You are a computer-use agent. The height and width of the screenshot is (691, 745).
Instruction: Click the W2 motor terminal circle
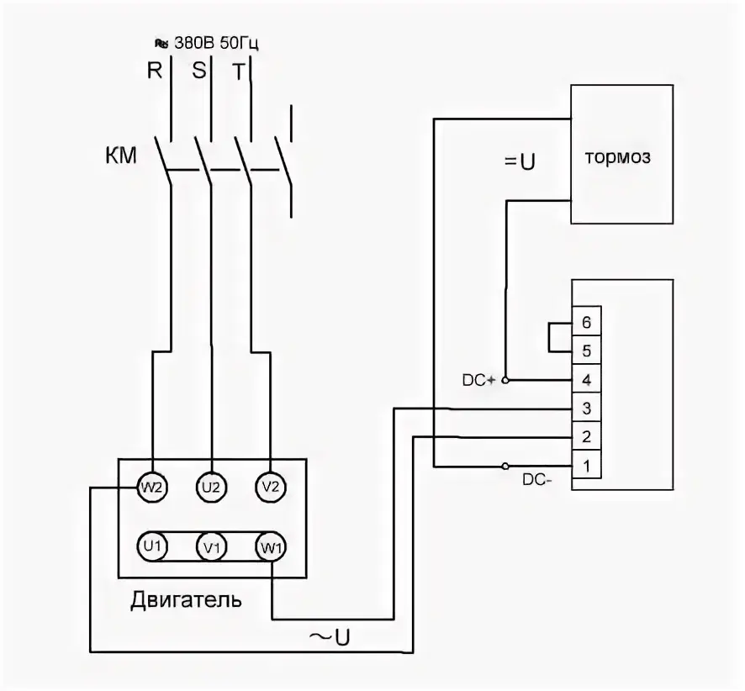point(152,488)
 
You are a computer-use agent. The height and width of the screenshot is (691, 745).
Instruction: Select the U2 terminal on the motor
point(211,488)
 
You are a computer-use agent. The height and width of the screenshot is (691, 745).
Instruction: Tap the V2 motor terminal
point(271,488)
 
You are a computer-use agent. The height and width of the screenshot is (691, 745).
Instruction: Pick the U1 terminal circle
point(152,546)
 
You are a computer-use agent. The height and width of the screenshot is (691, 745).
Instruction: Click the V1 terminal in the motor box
point(211,546)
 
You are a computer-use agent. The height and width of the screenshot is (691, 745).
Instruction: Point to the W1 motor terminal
point(271,547)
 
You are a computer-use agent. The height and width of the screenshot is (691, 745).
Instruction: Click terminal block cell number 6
point(586,321)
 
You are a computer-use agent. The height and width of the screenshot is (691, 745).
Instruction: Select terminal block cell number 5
point(586,351)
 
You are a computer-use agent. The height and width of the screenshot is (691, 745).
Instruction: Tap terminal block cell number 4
point(586,379)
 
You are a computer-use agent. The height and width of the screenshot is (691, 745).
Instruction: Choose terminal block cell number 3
point(586,408)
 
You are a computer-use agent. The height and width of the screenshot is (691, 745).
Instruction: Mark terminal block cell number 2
point(586,436)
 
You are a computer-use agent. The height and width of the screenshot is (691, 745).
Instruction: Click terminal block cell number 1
point(586,465)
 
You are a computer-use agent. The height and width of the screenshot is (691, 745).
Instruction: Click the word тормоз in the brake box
point(618,157)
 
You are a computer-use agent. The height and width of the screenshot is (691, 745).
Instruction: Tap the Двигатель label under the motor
point(187,600)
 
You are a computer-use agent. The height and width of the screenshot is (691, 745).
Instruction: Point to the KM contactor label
point(121,156)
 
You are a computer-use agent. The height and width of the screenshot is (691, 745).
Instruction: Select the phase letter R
point(155,71)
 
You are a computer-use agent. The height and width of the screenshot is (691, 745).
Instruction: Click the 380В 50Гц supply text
point(216,43)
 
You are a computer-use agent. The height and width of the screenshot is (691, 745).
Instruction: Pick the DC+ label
point(479,380)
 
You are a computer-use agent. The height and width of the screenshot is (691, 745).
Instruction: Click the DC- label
point(537,480)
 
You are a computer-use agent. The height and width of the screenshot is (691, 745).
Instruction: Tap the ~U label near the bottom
point(330,637)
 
